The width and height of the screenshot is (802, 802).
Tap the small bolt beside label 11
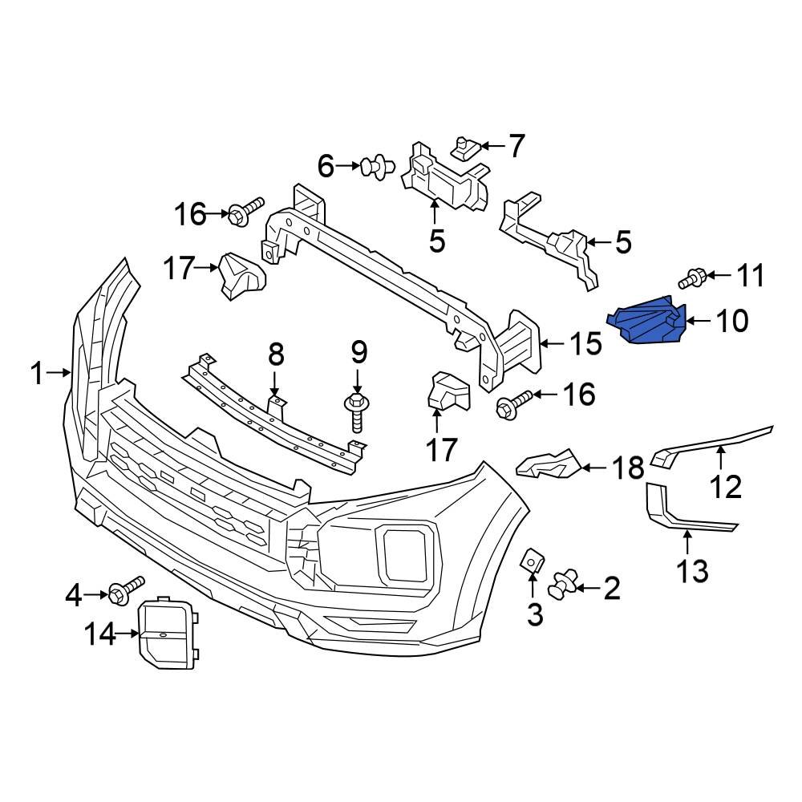(x=692, y=278)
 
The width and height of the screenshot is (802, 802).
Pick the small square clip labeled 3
(x=533, y=561)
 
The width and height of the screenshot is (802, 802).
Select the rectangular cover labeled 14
(x=168, y=631)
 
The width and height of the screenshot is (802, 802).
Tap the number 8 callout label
(x=275, y=353)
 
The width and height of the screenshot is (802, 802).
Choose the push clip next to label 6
(x=378, y=167)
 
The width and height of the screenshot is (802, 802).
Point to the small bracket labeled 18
(x=549, y=464)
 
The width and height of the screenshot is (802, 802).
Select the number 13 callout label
(x=691, y=571)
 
